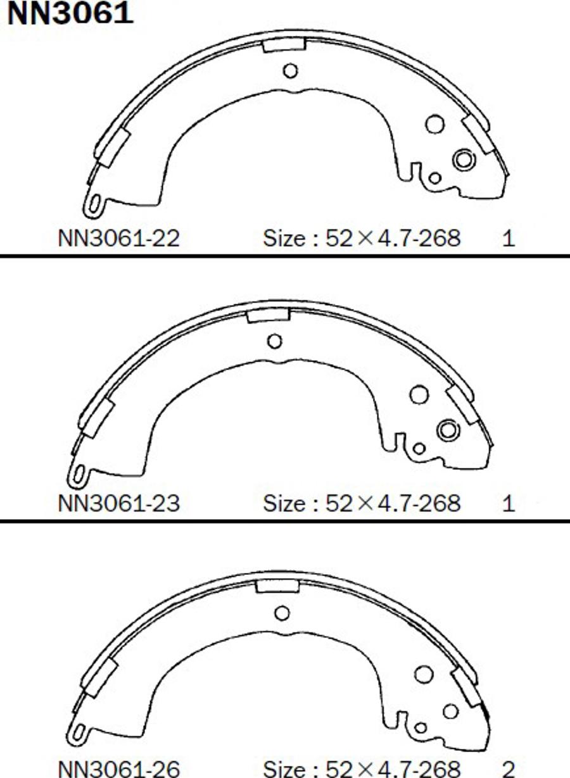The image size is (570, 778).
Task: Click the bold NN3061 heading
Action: (x=70, y=13)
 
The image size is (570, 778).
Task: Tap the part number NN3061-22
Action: (x=119, y=239)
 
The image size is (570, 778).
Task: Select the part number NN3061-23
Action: (x=119, y=504)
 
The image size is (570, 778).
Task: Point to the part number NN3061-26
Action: (x=119, y=769)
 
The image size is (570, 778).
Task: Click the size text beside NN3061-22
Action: (x=362, y=239)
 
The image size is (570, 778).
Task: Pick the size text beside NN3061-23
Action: (x=362, y=504)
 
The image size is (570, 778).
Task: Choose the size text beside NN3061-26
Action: (x=362, y=769)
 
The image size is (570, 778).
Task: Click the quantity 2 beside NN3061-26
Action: (x=509, y=769)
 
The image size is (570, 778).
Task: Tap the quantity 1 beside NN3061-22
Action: (x=509, y=239)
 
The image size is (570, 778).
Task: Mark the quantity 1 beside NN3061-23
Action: (x=509, y=504)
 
